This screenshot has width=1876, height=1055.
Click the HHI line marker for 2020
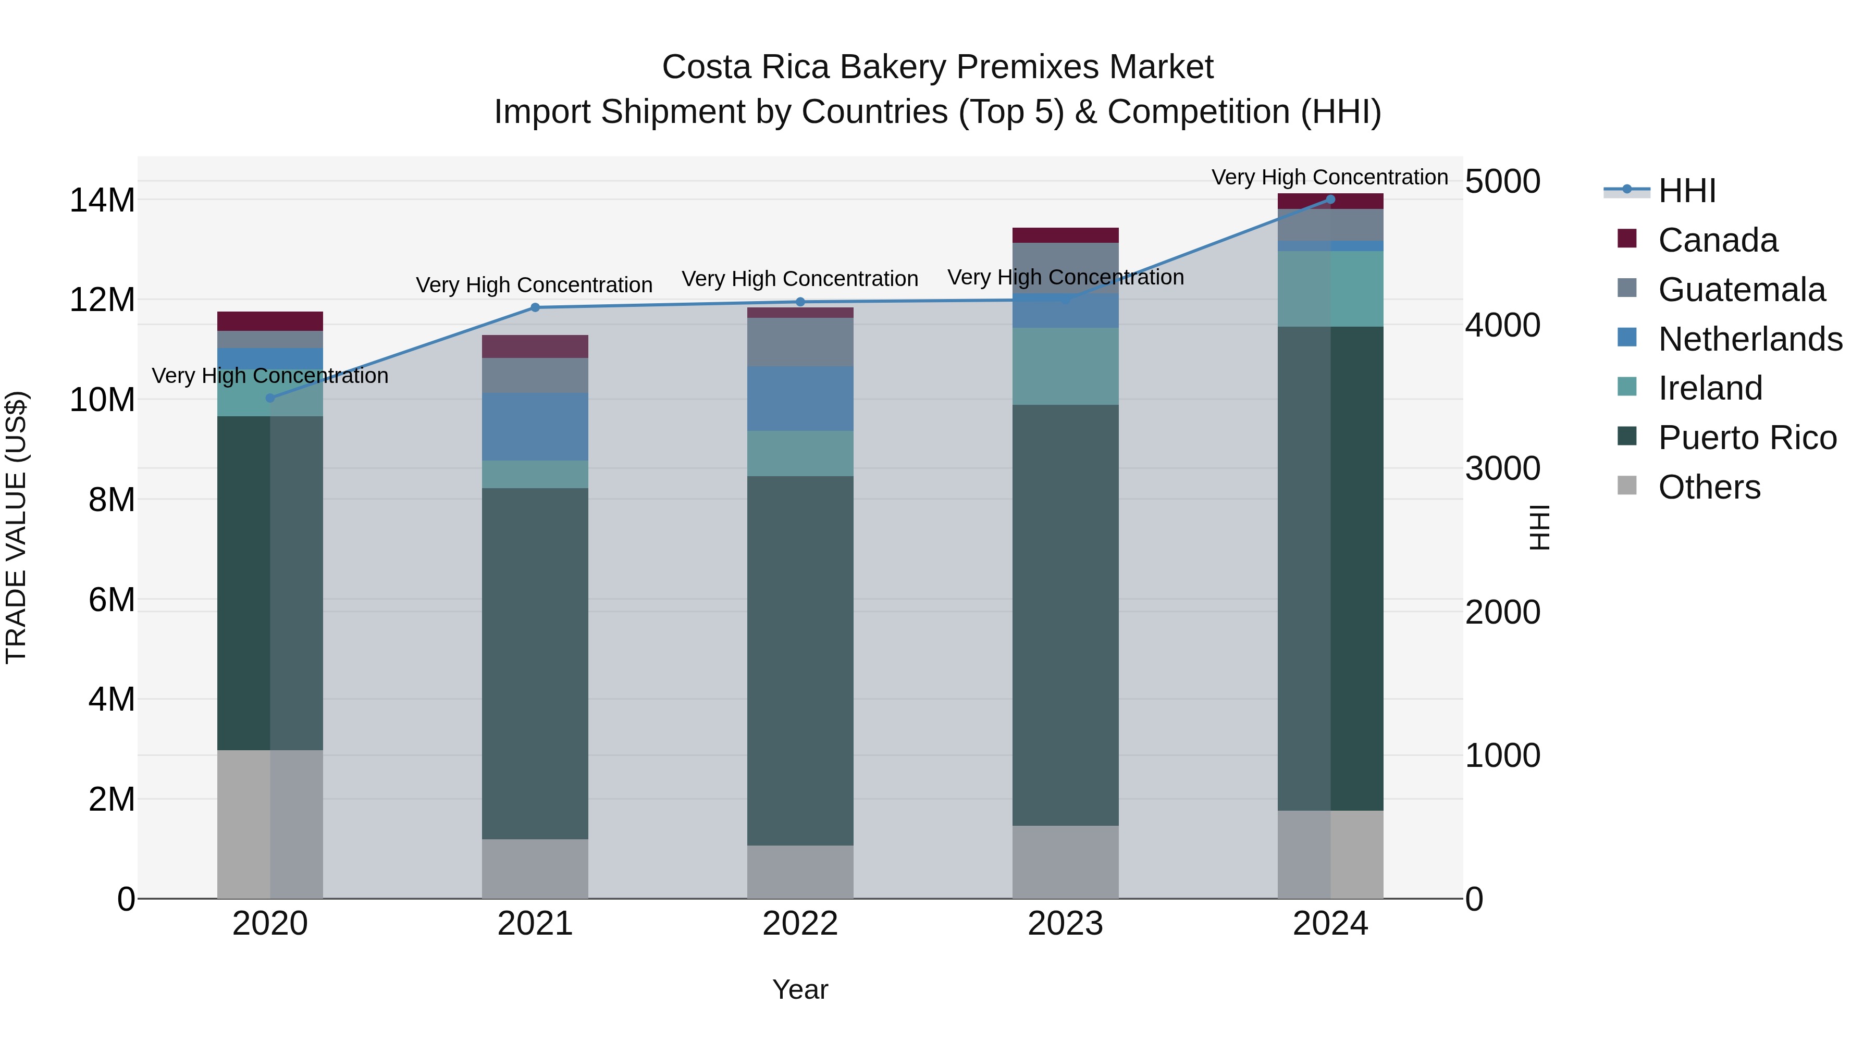coord(270,398)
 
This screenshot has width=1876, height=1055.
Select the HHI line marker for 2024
coord(1330,200)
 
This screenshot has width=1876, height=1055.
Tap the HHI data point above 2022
coord(800,302)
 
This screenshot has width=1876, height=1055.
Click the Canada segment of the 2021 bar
coord(535,346)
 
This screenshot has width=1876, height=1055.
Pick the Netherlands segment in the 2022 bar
coord(800,399)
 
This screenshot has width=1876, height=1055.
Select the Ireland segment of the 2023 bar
coord(1066,366)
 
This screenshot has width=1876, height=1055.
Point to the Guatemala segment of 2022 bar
coord(800,342)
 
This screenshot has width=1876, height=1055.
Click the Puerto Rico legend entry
coord(1747,438)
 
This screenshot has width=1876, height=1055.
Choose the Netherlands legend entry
coord(1750,339)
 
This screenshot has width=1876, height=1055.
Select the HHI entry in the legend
coord(1687,191)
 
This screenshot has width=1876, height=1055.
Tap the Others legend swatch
coord(1627,486)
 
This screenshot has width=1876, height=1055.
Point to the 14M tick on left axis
coord(102,200)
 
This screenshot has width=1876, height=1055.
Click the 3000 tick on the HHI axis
coord(1502,468)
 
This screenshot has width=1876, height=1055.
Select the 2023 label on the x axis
coord(1066,924)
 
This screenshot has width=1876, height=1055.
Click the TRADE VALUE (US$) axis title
coord(17,527)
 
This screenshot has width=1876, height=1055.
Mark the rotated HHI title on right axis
coord(1539,527)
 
